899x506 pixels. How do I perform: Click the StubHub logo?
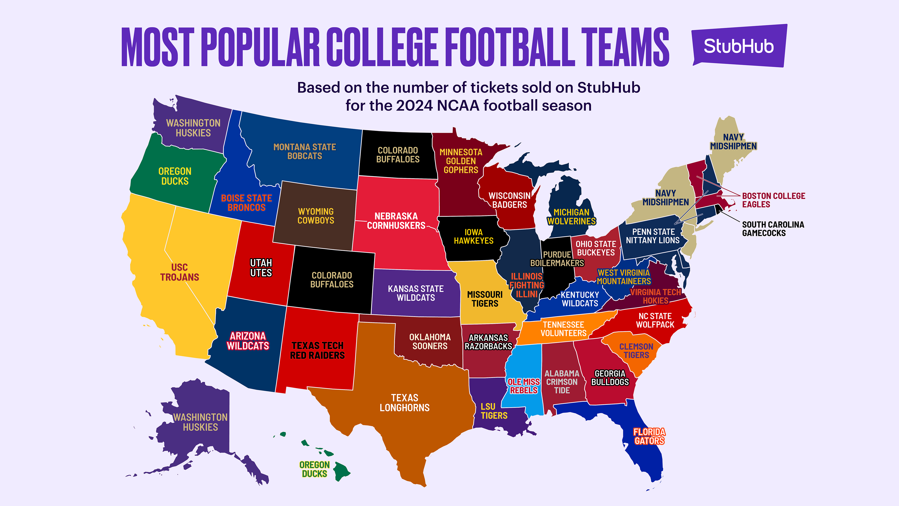(x=739, y=46)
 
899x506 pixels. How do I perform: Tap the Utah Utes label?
(x=261, y=268)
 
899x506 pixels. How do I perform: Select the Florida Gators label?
(x=649, y=436)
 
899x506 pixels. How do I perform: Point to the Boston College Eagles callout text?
(x=773, y=200)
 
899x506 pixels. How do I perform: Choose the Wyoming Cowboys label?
(x=316, y=216)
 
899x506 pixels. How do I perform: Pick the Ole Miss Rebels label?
(x=523, y=386)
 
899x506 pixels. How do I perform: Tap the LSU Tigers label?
(x=494, y=411)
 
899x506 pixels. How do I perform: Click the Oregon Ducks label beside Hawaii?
(x=314, y=469)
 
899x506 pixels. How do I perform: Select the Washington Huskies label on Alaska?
(x=200, y=422)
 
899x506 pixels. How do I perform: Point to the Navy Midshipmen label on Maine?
(x=733, y=142)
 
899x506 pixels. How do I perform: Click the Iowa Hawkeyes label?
(x=474, y=236)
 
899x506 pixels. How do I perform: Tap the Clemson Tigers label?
(x=636, y=351)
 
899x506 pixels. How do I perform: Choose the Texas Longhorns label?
(x=405, y=403)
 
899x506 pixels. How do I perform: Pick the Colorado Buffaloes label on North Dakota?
(x=398, y=155)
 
